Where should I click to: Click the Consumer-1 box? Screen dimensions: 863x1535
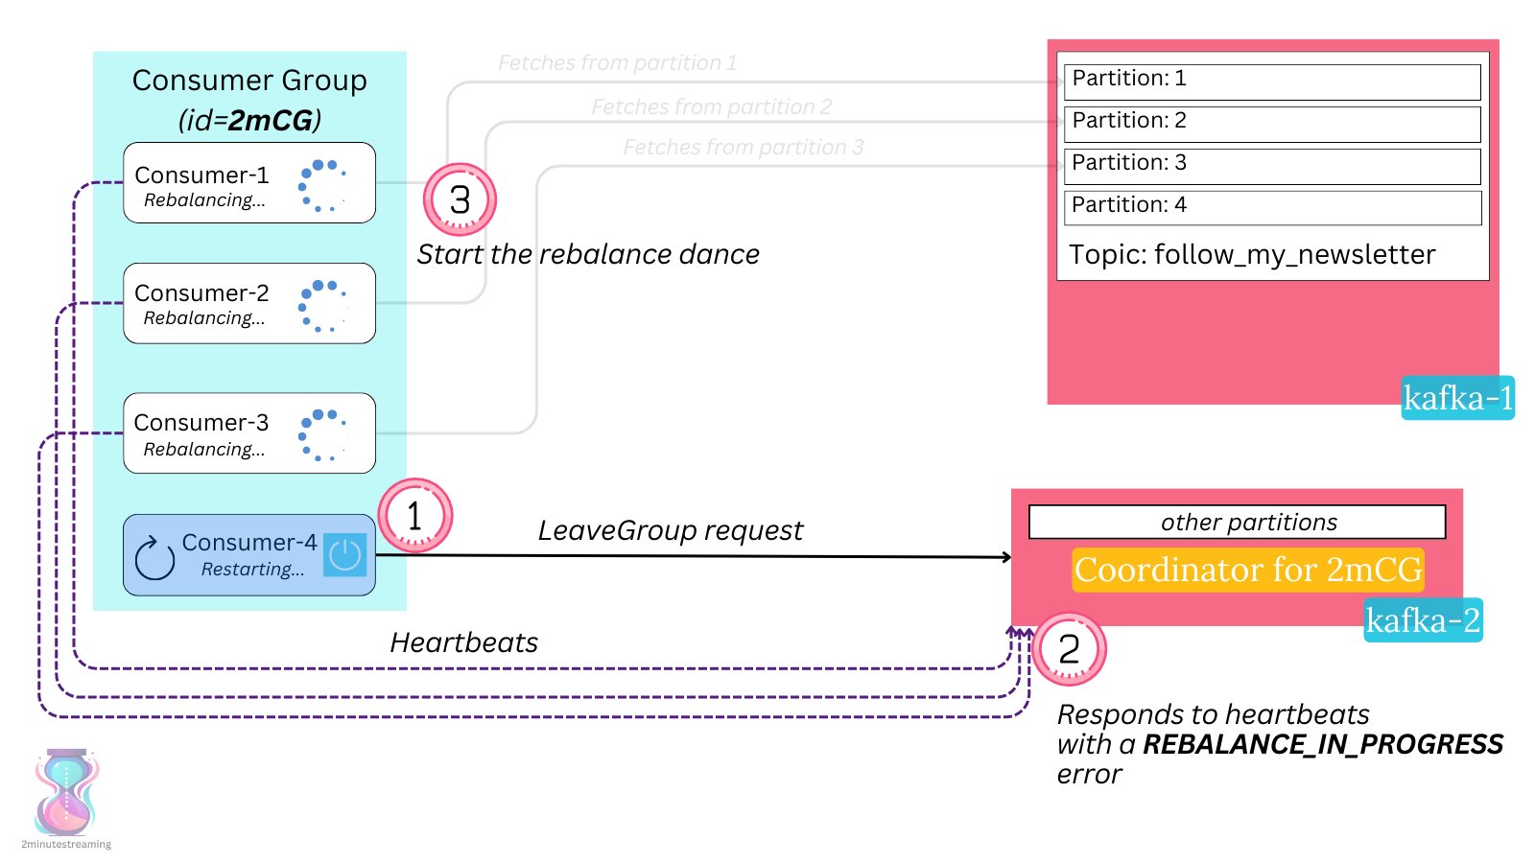pos(248,183)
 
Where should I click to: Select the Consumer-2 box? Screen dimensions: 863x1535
pos(248,303)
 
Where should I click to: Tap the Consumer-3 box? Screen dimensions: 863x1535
pos(248,432)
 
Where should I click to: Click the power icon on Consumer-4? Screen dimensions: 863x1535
pos(344,555)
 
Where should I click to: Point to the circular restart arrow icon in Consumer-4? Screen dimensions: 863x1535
pos(154,559)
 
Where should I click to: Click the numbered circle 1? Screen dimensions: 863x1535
pos(414,516)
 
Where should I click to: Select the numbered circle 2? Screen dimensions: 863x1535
pos(1069,649)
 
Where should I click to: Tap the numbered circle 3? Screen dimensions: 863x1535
pos(460,199)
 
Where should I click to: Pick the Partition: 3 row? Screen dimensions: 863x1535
pos(1272,165)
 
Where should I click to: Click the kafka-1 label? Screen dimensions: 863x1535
pos(1457,398)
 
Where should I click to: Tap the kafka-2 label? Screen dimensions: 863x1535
pos(1423,620)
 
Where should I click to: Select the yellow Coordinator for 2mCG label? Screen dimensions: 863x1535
pos(1247,570)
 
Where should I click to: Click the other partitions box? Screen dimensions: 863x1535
pos(1237,523)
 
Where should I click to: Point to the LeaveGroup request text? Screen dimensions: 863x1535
pos(670,530)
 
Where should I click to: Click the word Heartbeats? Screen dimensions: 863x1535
pos(463,642)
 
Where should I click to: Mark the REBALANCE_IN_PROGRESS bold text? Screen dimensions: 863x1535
pos(1322,745)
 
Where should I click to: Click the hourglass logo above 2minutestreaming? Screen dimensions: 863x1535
pos(66,792)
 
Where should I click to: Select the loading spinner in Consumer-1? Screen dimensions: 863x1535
pos(323,184)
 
